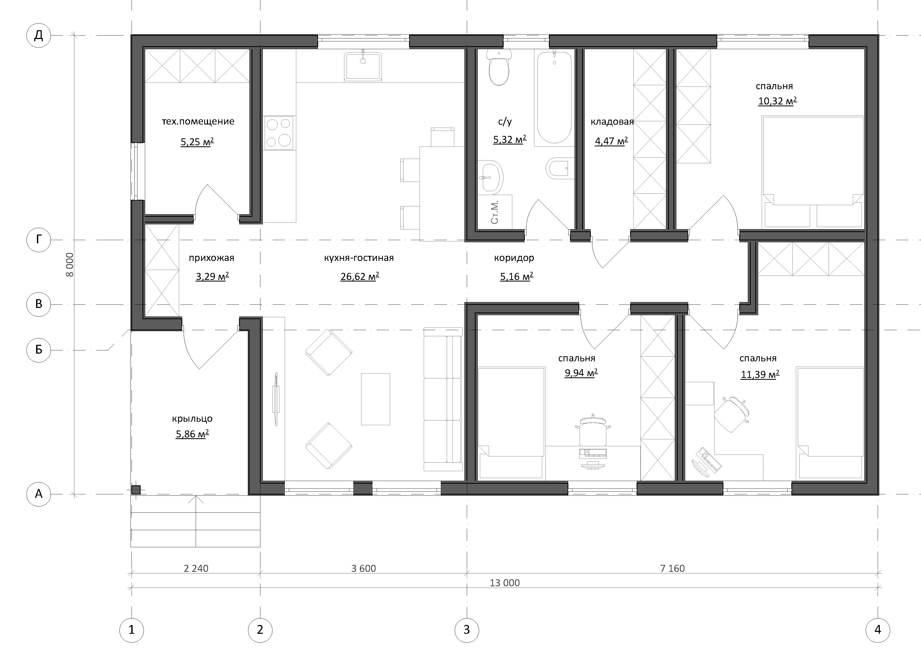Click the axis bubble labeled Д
(x=38, y=36)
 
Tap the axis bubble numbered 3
(x=467, y=630)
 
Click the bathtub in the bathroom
(x=554, y=97)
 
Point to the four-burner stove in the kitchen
(x=279, y=133)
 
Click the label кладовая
(x=612, y=122)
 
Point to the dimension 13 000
(x=504, y=583)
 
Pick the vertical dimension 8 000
(x=70, y=265)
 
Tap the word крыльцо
(x=192, y=418)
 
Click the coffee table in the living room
(x=376, y=399)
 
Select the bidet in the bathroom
(x=560, y=169)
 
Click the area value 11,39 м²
(x=760, y=374)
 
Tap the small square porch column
(x=136, y=490)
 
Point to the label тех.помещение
(x=198, y=121)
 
